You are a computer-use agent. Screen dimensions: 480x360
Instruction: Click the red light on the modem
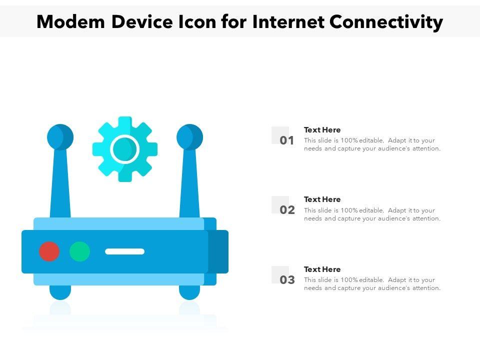(49, 251)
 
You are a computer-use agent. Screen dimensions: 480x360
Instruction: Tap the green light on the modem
(79, 251)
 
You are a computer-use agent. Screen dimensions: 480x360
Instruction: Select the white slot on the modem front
(124, 251)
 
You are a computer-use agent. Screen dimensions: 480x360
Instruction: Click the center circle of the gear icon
(124, 149)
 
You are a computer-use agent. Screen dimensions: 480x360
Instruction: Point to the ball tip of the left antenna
(60, 137)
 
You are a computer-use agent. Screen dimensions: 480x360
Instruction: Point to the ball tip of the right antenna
(190, 137)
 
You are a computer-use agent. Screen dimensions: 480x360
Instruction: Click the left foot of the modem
(60, 292)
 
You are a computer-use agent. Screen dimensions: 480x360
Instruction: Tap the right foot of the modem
(189, 292)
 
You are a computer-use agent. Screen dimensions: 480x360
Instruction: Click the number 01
(287, 140)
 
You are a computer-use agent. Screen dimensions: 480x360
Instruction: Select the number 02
(287, 210)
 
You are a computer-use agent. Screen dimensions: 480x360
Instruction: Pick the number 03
(287, 280)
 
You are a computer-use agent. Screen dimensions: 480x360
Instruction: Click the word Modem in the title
(70, 22)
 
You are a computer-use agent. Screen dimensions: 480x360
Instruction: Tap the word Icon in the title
(197, 22)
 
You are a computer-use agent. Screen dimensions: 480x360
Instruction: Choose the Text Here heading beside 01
(322, 130)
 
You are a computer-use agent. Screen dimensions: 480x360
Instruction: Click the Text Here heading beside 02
(322, 199)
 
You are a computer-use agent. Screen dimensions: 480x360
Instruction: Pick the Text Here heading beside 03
(322, 269)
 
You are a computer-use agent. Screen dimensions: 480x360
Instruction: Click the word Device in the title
(142, 22)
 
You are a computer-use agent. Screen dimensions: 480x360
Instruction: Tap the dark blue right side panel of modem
(218, 251)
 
